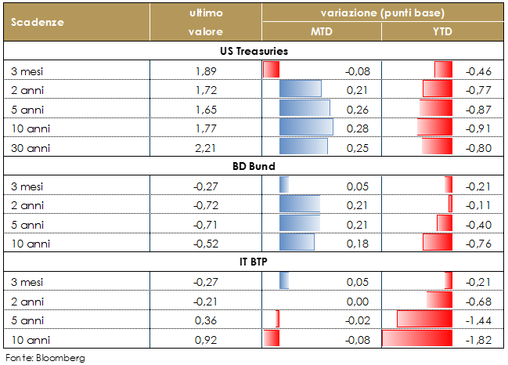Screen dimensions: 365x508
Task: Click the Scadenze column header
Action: click(38, 22)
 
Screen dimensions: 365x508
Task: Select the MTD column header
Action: click(321, 31)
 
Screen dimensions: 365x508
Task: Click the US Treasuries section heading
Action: click(254, 51)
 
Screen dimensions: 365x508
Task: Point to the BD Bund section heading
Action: click(254, 166)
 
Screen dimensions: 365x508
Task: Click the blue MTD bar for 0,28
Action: click(306, 127)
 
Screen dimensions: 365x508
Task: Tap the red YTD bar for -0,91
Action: click(434, 127)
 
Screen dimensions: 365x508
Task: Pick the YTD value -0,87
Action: click(478, 108)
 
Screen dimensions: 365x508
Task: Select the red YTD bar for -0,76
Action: click(437, 242)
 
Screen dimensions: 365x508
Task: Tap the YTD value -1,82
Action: click(478, 338)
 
